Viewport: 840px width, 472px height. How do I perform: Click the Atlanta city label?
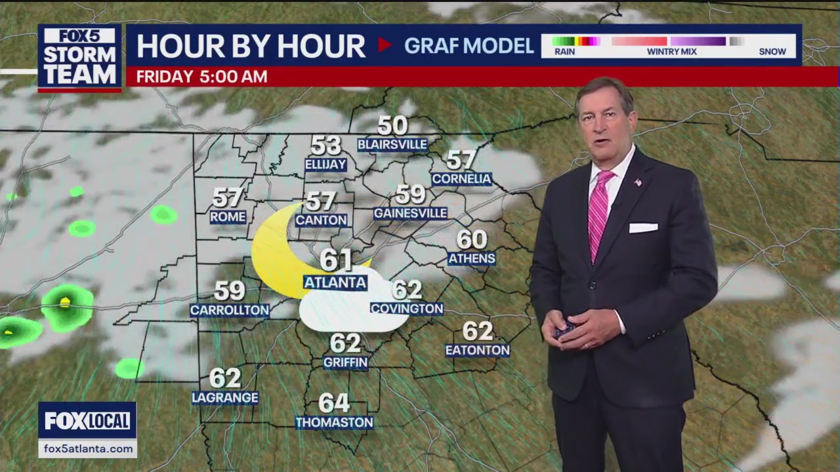[335, 283]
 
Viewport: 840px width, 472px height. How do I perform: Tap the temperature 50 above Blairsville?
[392, 125]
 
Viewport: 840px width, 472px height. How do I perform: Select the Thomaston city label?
[334, 423]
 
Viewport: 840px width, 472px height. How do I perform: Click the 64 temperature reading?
[334, 403]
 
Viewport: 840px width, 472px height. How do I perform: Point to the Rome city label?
[228, 217]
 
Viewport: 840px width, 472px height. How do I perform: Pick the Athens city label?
[471, 258]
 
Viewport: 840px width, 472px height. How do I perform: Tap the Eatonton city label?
[477, 351]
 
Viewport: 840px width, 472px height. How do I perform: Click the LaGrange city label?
[225, 398]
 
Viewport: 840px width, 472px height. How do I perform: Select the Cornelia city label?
[461, 179]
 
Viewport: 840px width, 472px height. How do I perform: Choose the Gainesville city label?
[410, 213]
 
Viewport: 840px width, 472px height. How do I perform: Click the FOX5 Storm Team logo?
[79, 58]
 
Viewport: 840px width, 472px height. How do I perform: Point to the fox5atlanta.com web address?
[87, 449]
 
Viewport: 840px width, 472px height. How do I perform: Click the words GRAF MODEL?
[469, 46]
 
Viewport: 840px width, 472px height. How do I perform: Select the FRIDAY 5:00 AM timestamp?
[201, 77]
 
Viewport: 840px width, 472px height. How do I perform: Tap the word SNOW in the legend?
[772, 52]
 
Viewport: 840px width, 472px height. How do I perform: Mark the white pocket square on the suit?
[642, 228]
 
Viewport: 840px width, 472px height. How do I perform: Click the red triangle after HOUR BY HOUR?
[385, 45]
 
